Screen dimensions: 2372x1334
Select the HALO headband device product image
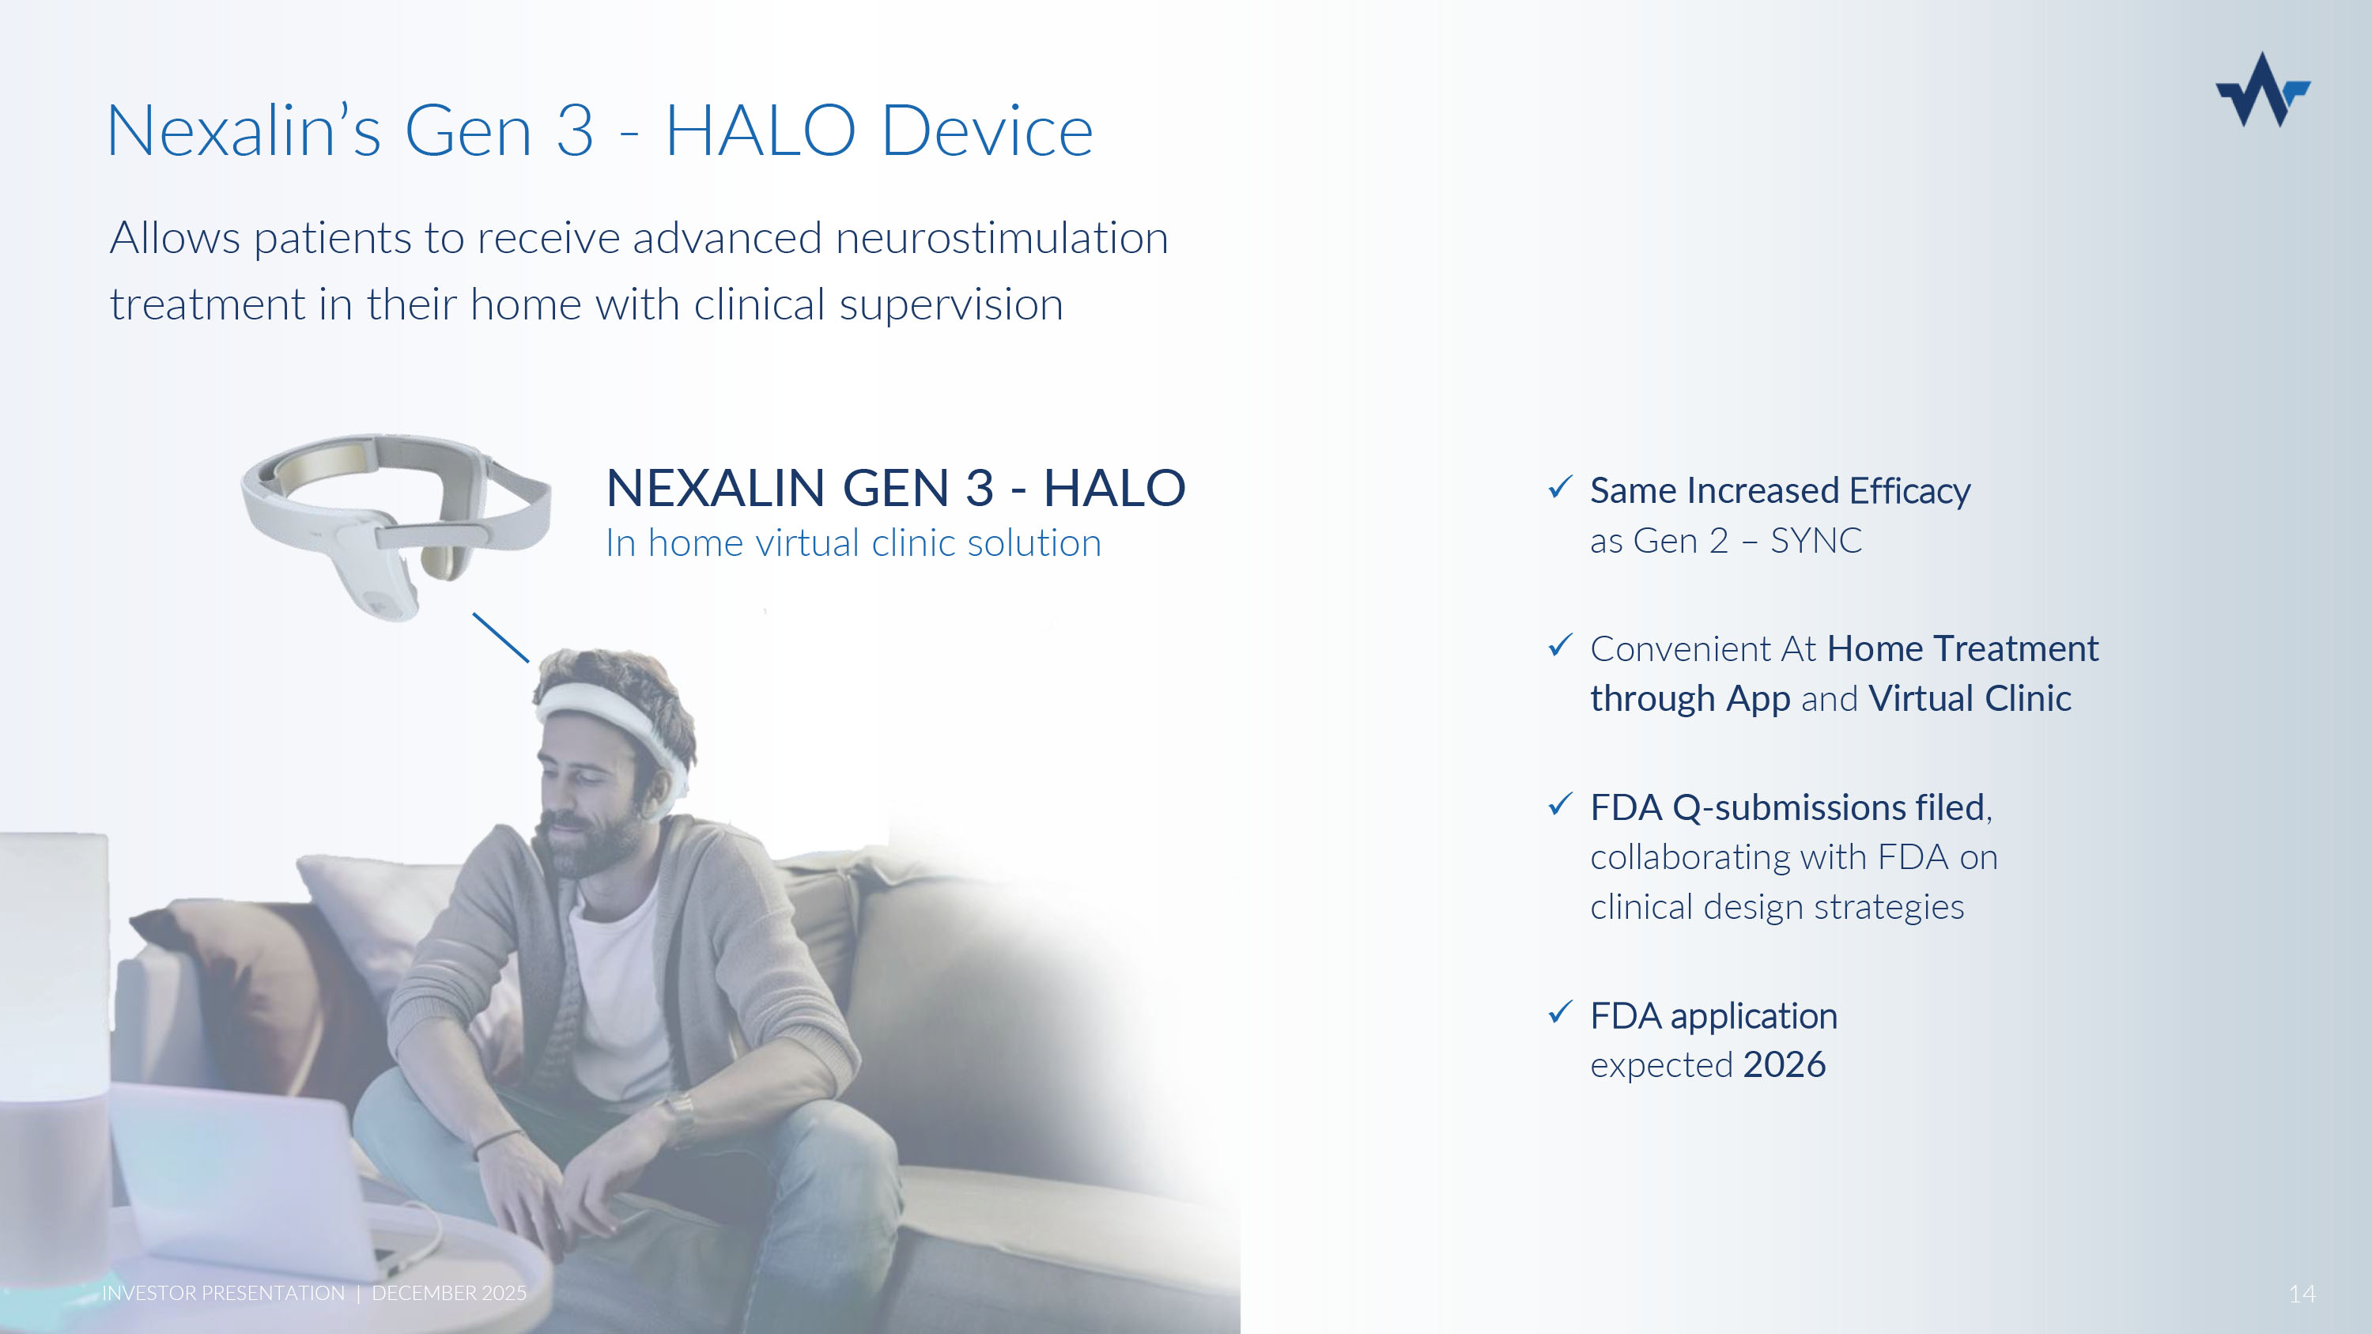pos(396,526)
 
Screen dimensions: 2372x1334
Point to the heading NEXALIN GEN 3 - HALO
pos(896,488)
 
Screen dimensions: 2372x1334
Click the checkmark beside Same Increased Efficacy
pos(1560,487)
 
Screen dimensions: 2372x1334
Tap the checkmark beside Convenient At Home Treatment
pos(1560,645)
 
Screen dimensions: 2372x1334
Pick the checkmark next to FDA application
pos(1560,1013)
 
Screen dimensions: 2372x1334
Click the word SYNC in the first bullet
pos(1816,540)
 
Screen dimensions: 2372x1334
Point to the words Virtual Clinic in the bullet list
pos(1970,699)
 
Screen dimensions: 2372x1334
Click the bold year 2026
pos(1785,1064)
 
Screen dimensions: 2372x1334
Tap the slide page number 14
pos(2302,1294)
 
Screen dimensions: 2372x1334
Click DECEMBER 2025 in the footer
pos(449,1294)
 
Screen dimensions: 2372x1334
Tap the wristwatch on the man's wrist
pos(682,1115)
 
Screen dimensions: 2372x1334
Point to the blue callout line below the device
pos(501,638)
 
